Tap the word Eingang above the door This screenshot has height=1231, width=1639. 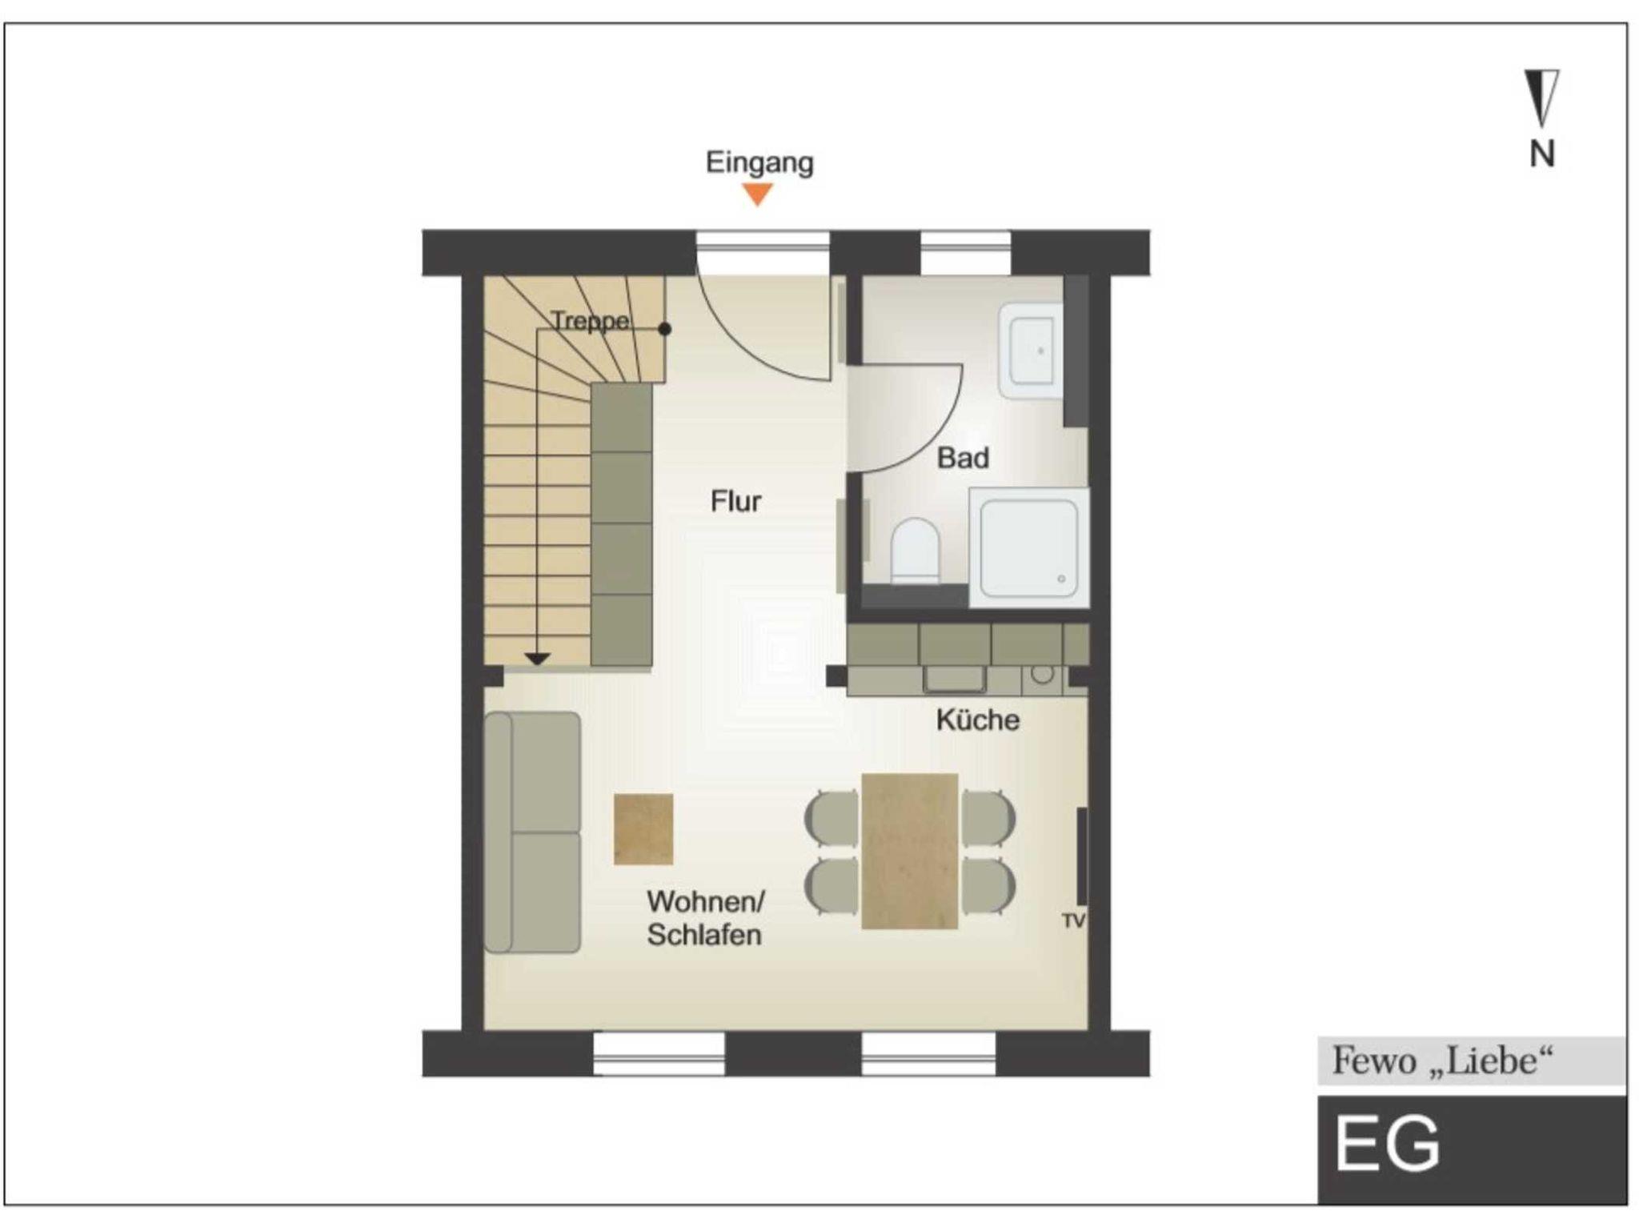[x=759, y=163]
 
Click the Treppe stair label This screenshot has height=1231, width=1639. [x=591, y=322]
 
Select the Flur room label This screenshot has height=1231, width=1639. [x=735, y=501]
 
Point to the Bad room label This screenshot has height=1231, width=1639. [x=963, y=458]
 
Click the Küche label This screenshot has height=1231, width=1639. [x=978, y=720]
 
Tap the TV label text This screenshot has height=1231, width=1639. [x=1073, y=921]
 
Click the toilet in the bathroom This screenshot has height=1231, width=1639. [x=915, y=551]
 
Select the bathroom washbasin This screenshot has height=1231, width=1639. [x=1031, y=351]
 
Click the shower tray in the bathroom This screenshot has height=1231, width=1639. [x=1029, y=548]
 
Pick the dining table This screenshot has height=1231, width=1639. [x=910, y=851]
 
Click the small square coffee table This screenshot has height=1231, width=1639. [x=643, y=829]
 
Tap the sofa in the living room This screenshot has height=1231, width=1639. [x=532, y=832]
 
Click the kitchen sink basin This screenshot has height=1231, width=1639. [x=955, y=679]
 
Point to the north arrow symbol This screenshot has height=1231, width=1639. [x=1541, y=98]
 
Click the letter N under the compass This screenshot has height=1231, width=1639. [x=1542, y=154]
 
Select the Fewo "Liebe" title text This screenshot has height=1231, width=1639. [x=1442, y=1061]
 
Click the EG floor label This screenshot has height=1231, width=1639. [x=1387, y=1145]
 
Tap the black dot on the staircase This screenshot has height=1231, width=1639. [x=664, y=329]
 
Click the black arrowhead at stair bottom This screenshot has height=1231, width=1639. [x=537, y=660]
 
